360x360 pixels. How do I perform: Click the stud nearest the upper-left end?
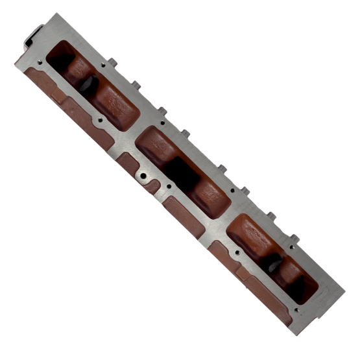tap(112, 62)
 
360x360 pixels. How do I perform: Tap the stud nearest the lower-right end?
tap(293, 238)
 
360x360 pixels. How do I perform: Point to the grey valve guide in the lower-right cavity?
tap(274, 262)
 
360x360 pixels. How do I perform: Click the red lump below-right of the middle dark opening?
tap(208, 194)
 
